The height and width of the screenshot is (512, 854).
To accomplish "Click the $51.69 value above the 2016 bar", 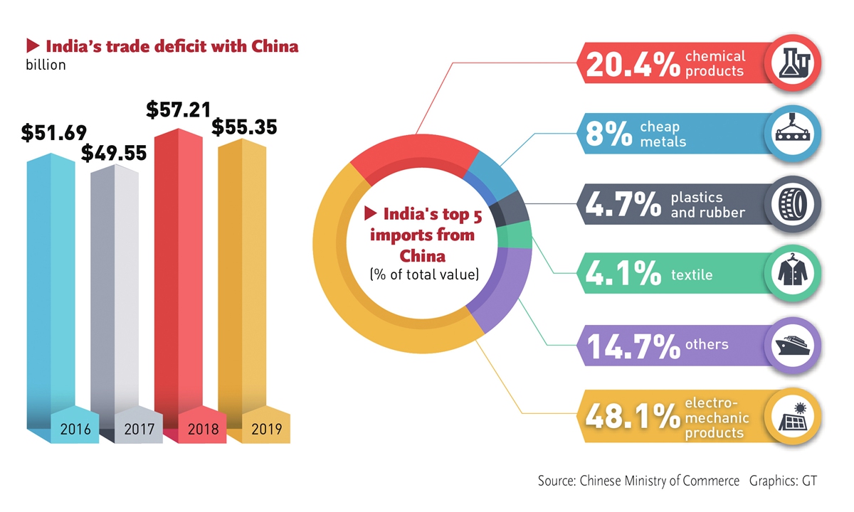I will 53,133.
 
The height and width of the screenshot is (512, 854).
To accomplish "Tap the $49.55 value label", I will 114,153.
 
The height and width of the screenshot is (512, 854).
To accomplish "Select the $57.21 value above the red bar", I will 179,110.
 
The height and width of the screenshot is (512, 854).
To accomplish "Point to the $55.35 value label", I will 244,128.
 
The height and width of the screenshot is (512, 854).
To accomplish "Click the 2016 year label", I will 74,429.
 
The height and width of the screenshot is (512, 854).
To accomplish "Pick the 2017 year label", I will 139,429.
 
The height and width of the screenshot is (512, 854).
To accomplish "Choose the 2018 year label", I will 204,429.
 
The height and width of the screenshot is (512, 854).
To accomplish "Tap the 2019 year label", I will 267,429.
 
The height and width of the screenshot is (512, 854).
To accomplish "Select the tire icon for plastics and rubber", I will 796,204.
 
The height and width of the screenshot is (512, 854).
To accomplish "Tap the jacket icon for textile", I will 796,274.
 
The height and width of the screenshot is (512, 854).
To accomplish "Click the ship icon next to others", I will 796,346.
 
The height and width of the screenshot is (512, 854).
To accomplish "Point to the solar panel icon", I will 796,416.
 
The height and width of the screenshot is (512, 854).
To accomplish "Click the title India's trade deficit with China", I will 172,47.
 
